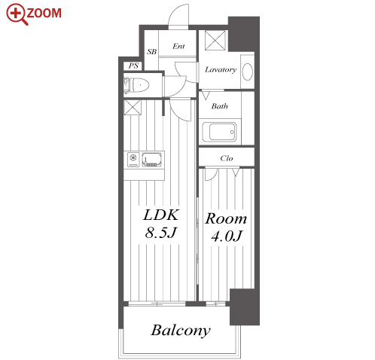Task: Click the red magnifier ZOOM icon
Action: tap(17, 14)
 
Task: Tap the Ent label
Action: tap(178, 46)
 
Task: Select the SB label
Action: tap(151, 52)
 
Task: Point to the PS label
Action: tap(133, 66)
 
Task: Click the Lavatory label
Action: tap(221, 69)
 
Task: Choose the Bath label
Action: tap(220, 106)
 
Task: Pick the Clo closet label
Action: tap(227, 158)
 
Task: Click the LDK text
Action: tap(161, 215)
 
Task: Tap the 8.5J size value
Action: tap(161, 233)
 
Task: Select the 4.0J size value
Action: tap(227, 236)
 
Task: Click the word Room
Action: tap(226, 218)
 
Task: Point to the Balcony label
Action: tap(181, 331)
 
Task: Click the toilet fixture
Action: tap(136, 85)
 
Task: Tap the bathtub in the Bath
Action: tap(219, 132)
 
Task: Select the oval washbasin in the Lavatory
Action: tap(248, 72)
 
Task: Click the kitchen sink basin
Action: tap(152, 160)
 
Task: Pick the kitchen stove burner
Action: tap(133, 157)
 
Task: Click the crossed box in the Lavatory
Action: tap(215, 40)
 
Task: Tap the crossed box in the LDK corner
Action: tap(133, 108)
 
